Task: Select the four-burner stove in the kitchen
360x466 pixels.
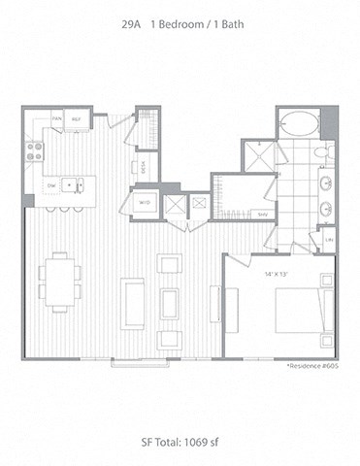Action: tap(35, 151)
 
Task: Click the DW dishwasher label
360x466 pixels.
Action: tap(50, 183)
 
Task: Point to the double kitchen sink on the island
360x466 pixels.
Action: tap(74, 183)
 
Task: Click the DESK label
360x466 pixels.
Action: tap(144, 166)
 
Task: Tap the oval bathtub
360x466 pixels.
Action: tap(298, 124)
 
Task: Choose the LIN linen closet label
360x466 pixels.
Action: tap(329, 239)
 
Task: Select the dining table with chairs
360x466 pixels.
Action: tap(60, 282)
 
